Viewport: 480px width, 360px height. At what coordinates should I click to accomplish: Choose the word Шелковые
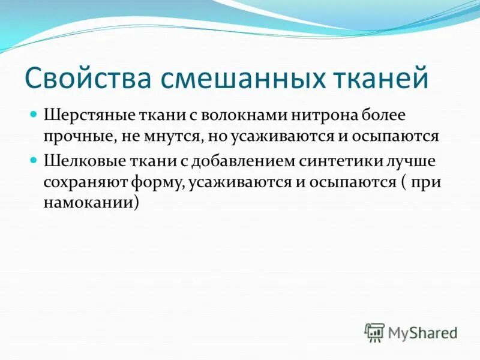(x=77, y=161)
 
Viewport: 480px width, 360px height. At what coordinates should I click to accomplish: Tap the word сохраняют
(x=80, y=182)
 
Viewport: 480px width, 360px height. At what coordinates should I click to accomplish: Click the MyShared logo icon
(x=374, y=332)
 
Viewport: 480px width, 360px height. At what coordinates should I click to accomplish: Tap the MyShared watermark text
(x=423, y=332)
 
